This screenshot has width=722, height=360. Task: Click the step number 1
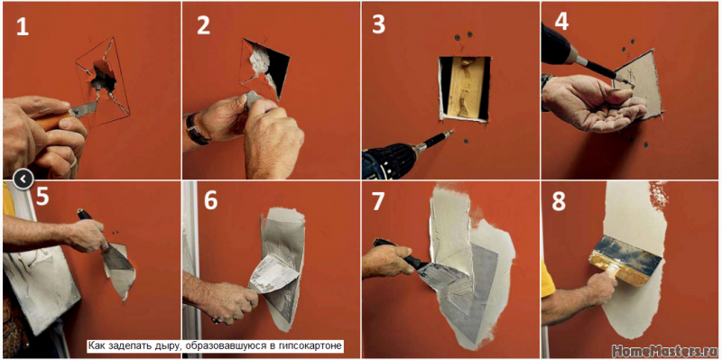[x=22, y=27]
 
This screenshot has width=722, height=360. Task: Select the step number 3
[x=378, y=26]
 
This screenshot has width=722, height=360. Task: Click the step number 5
[x=42, y=197]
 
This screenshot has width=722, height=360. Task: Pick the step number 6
[x=211, y=201]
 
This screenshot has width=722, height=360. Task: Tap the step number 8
[x=559, y=202]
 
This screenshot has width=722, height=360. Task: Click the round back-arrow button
[x=23, y=178]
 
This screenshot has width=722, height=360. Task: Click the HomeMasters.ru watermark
[x=664, y=351]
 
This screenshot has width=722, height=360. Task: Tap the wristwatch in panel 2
[x=194, y=130]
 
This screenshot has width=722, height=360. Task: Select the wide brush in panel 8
[x=624, y=259]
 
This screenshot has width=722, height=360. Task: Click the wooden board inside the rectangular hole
[x=464, y=88]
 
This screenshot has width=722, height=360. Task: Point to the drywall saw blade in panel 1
[x=83, y=109]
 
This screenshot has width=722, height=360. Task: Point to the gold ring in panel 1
[x=74, y=163]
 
